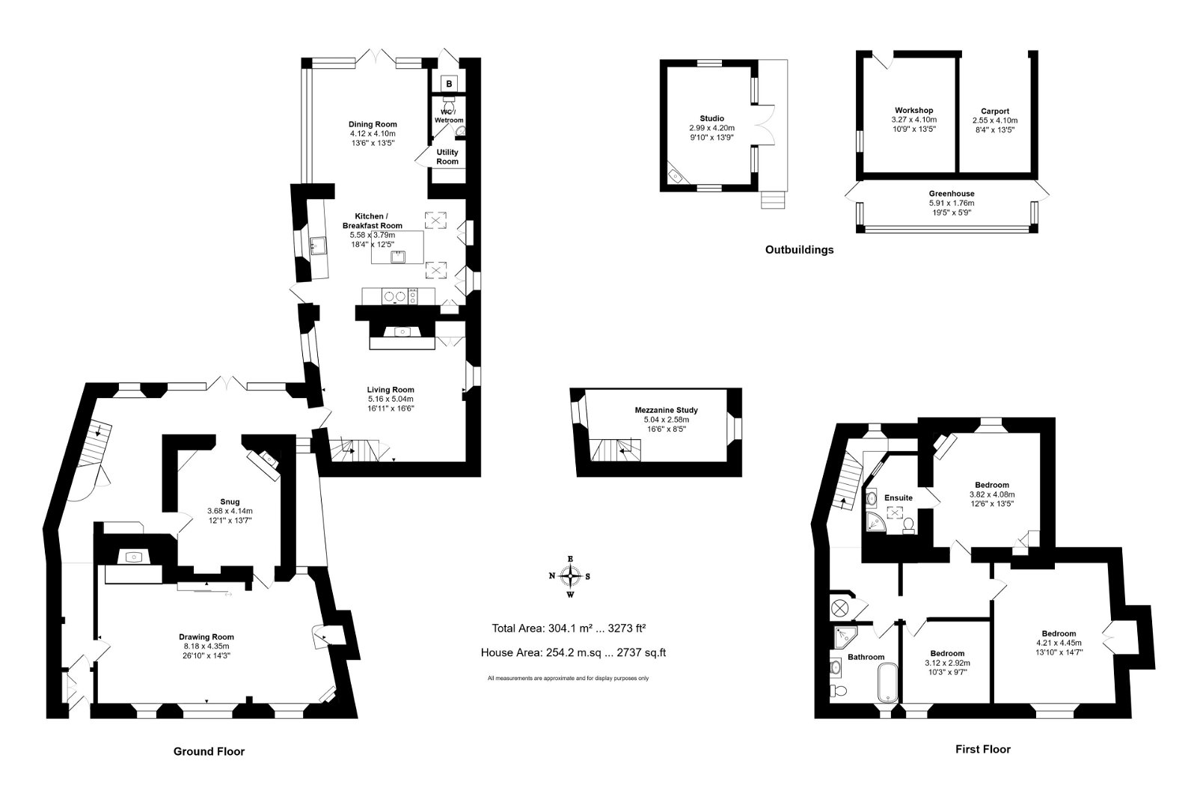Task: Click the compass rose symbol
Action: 571,576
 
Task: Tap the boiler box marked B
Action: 449,84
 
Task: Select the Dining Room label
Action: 373,124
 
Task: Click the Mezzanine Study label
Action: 666,410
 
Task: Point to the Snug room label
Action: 230,502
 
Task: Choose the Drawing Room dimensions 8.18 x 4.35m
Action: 206,646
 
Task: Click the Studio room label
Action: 711,119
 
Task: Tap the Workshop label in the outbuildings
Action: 913,111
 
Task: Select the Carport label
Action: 995,111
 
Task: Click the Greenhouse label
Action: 952,194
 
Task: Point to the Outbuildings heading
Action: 800,249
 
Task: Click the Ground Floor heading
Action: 209,751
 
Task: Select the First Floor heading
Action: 983,749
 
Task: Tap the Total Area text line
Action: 569,628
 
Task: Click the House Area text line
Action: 573,652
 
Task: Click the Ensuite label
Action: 898,498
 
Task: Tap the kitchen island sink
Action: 399,257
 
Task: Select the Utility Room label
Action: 447,156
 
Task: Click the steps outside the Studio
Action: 774,201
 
